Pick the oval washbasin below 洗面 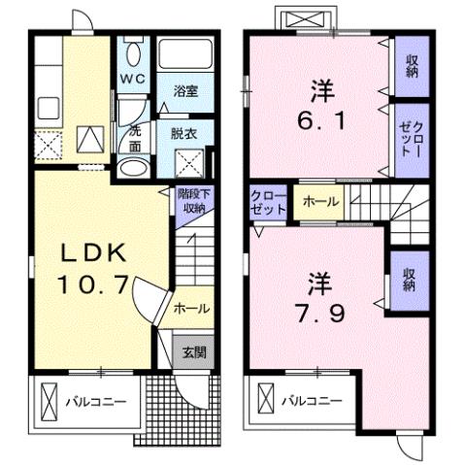pyautogui.click(x=133, y=167)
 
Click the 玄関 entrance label pyautogui.click(x=194, y=352)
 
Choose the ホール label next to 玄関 pyautogui.click(x=190, y=309)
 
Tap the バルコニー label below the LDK pyautogui.click(x=95, y=400)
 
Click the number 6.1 pyautogui.click(x=321, y=125)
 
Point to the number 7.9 pyautogui.click(x=322, y=316)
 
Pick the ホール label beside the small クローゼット pyautogui.click(x=320, y=202)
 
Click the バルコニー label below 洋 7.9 pyautogui.click(x=312, y=400)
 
